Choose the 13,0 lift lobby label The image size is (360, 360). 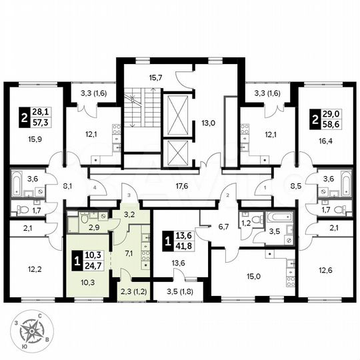(209, 123)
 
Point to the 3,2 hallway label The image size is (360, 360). (131, 215)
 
